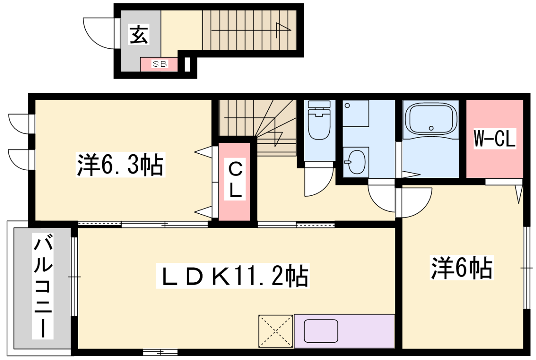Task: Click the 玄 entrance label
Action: pyautogui.click(x=139, y=35)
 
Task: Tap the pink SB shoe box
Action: pyautogui.click(x=159, y=64)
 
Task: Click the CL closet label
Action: pyautogui.click(x=234, y=179)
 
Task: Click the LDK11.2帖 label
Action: pyautogui.click(x=235, y=274)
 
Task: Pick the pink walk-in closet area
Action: pyautogui.click(x=494, y=140)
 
